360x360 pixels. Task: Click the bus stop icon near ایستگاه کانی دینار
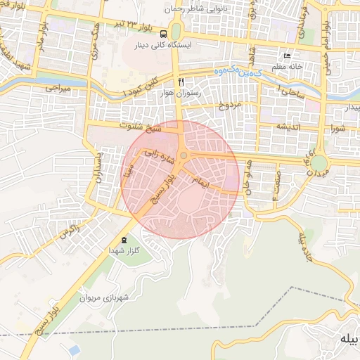coord(163,33)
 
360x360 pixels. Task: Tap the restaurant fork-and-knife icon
coord(181,82)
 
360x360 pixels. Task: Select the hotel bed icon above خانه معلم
coord(286,56)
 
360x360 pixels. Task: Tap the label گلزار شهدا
coord(124,251)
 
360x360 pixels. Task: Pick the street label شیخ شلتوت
coord(141,129)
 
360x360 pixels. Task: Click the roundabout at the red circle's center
coord(184,155)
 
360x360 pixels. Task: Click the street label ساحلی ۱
coord(289,91)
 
